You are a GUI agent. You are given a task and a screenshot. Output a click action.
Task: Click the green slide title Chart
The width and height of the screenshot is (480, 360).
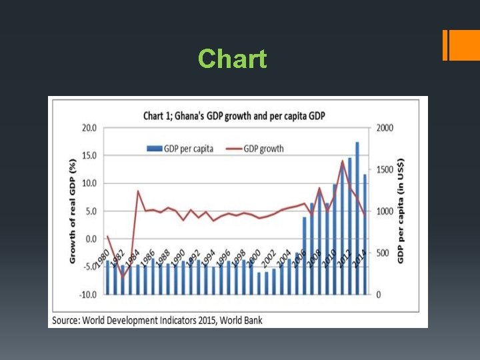[x=232, y=59]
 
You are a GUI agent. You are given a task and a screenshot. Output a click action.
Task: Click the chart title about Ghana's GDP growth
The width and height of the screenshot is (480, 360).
[x=234, y=116]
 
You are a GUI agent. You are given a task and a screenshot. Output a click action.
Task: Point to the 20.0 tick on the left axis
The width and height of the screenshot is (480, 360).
[x=89, y=128]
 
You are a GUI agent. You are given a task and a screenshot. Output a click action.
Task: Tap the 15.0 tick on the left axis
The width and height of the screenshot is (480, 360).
[x=89, y=155]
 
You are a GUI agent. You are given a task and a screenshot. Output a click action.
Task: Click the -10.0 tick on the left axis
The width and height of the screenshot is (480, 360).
[x=87, y=294]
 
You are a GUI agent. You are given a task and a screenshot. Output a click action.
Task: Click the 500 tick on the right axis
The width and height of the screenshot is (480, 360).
[x=382, y=253]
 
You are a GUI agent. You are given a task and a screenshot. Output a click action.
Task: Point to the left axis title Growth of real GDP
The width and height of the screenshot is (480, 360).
[x=73, y=211]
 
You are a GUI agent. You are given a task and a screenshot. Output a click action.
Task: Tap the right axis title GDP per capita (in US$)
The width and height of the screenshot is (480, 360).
[x=401, y=211]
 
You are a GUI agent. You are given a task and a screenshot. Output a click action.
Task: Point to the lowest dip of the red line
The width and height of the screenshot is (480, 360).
[x=122, y=277]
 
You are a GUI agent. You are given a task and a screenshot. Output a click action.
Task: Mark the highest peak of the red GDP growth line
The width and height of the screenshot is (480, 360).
[x=343, y=161]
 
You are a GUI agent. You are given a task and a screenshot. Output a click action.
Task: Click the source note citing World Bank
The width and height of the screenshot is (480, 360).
[x=157, y=320]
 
